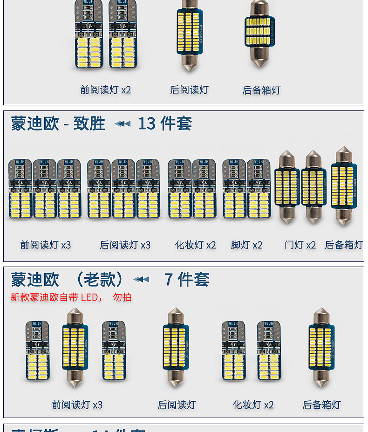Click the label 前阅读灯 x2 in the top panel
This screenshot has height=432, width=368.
[x=106, y=90]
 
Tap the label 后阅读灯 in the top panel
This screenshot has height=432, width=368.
[x=189, y=90]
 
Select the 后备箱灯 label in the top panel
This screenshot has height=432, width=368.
[x=261, y=90]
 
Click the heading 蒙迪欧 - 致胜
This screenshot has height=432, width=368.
[x=58, y=124]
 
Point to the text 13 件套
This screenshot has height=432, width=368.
[x=164, y=123]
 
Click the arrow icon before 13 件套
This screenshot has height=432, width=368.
[x=123, y=124]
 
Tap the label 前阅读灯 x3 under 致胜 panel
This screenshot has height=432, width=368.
[x=46, y=245]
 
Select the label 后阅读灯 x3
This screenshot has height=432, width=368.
[x=125, y=245]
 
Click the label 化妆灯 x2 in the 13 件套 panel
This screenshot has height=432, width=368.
[x=196, y=245]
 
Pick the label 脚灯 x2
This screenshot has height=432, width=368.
[x=247, y=245]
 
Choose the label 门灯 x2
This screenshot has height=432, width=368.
[x=300, y=245]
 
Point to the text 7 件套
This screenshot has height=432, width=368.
[x=187, y=280]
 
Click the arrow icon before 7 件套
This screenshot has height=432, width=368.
[x=141, y=280]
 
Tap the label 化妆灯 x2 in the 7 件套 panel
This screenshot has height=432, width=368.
[x=253, y=405]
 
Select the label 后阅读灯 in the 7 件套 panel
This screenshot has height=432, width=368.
[x=177, y=405]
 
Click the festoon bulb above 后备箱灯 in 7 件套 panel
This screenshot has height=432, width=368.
[x=322, y=348]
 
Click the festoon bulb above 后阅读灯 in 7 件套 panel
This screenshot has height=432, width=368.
[x=176, y=348]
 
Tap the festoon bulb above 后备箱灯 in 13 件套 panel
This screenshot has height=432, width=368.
[x=344, y=186]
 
